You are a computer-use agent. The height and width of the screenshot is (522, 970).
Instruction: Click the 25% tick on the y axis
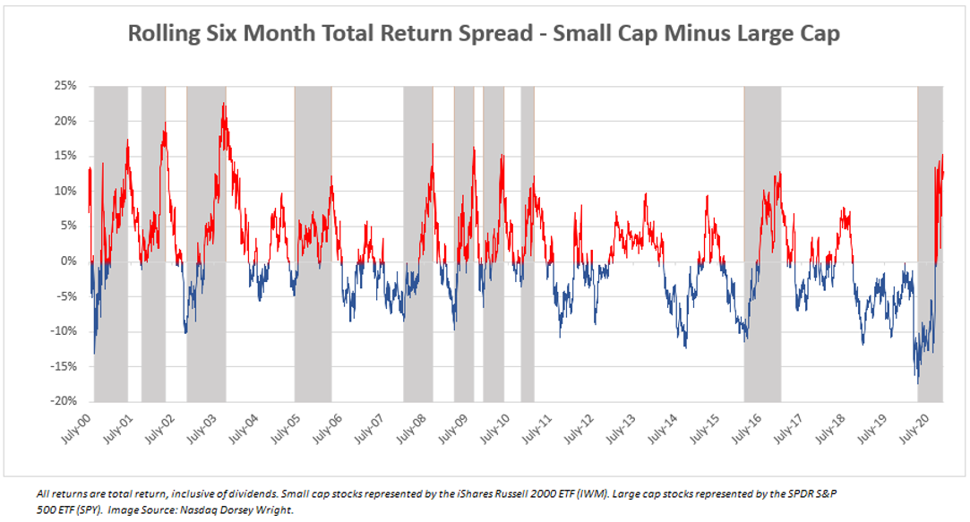(x=66, y=86)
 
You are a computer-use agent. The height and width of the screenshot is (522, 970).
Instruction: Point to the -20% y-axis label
(x=64, y=401)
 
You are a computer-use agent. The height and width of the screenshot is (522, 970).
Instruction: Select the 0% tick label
(x=69, y=261)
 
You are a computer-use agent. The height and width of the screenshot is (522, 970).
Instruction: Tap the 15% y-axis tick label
(x=66, y=156)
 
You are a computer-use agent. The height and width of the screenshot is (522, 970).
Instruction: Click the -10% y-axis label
(x=64, y=331)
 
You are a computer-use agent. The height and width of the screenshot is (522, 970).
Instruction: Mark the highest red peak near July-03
(x=223, y=104)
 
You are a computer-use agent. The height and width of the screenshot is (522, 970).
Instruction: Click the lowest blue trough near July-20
(x=917, y=382)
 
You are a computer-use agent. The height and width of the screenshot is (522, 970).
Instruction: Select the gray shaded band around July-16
(x=762, y=242)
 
